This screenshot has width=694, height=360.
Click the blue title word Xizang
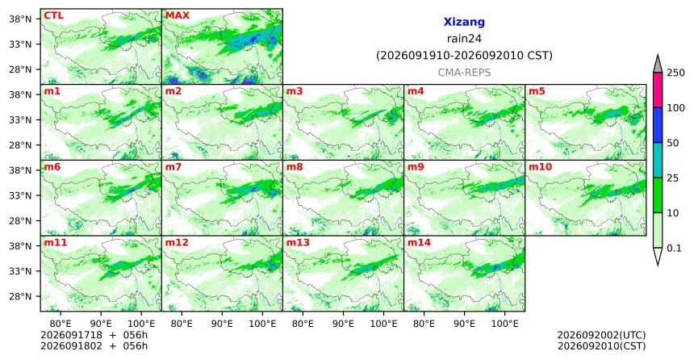[464, 22]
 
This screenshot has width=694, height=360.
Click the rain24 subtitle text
[464, 39]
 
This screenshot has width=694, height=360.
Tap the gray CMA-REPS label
[464, 73]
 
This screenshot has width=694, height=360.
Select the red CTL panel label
[53, 15]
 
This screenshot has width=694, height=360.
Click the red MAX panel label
[177, 15]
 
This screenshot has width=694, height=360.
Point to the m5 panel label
[537, 91]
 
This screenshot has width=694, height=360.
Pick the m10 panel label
[540, 167]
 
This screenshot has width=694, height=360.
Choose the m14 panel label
[419, 243]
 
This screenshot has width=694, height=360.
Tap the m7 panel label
[173, 167]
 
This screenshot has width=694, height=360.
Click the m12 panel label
[177, 243]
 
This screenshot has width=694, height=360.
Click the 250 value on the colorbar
[676, 73]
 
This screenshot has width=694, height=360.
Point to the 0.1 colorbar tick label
[674, 248]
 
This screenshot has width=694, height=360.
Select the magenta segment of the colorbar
[658, 90]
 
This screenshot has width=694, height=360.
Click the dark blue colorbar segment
[658, 125]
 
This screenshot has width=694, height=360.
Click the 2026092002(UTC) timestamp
[601, 335]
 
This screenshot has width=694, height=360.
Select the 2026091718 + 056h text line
[94, 335]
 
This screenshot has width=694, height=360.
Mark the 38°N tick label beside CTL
[20, 19]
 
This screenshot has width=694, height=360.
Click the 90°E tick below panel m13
[343, 324]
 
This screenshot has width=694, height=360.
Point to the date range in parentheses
[464, 56]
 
